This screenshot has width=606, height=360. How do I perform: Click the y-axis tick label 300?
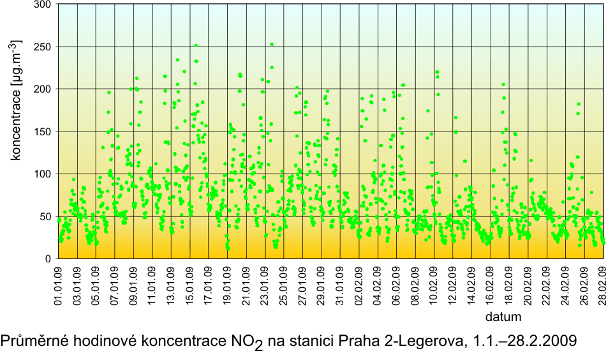click(x=43, y=4)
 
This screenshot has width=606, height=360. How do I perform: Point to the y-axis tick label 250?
click(x=43, y=47)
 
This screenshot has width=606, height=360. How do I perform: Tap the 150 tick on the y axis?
click(x=43, y=131)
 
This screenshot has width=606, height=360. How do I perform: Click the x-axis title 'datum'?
click(x=504, y=317)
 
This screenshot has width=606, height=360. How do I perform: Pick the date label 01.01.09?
click(x=58, y=285)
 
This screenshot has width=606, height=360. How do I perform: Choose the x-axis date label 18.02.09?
click(x=510, y=285)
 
